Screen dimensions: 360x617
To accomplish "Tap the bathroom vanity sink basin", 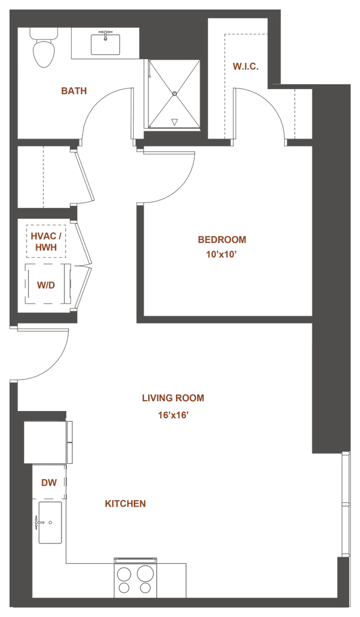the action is click(106, 45).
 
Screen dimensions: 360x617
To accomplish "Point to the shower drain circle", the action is click(174, 93).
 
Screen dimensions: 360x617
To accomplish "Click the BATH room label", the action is click(74, 91).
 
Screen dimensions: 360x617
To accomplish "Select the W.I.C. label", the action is click(245, 66).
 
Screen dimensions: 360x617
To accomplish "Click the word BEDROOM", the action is click(222, 240).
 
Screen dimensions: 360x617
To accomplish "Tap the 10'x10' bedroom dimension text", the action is click(221, 255).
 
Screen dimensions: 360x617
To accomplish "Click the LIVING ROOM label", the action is click(173, 398).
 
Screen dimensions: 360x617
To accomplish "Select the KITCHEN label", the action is click(125, 504).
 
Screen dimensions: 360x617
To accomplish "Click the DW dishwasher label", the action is click(49, 483).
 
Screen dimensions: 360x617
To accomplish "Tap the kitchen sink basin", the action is click(50, 522).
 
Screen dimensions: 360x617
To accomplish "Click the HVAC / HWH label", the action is click(46, 242).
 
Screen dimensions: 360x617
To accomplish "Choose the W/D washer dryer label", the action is click(46, 285).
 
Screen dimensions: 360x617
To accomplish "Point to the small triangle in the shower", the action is click(174, 122).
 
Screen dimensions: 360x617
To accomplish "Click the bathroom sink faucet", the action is click(106, 34).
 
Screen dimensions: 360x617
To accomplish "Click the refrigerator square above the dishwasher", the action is click(45, 442).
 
